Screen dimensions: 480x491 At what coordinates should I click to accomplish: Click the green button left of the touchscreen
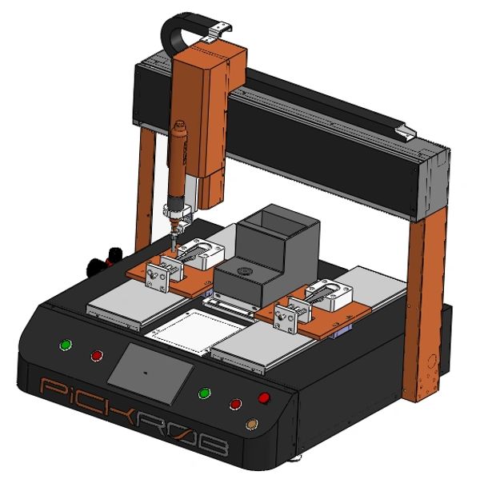click(x=66, y=345)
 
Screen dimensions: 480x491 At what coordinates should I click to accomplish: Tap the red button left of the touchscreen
click(x=97, y=355)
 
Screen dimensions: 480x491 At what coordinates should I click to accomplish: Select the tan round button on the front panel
click(x=251, y=424)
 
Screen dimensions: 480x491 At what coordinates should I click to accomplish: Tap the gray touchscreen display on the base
click(x=150, y=373)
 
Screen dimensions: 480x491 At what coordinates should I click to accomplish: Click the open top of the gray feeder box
click(x=276, y=221)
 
